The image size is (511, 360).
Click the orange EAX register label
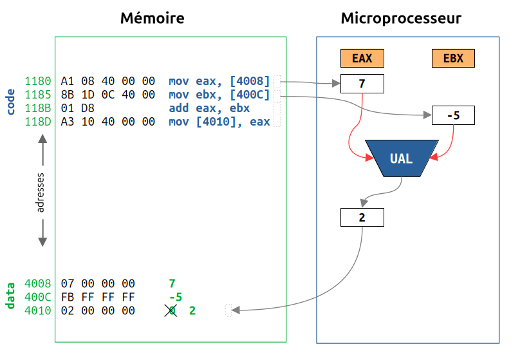click(x=362, y=58)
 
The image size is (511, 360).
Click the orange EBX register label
click(x=453, y=58)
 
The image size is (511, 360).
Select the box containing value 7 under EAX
click(x=362, y=84)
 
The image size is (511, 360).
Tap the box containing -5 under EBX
click(x=453, y=116)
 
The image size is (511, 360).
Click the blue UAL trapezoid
click(x=401, y=158)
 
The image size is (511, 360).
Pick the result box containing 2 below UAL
click(x=362, y=218)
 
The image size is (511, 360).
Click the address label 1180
click(x=38, y=81)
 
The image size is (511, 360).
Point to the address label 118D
click(x=38, y=122)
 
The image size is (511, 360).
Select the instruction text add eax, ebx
click(x=209, y=108)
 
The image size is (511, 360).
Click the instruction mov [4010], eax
click(x=219, y=122)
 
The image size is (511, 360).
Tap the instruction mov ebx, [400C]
click(x=219, y=95)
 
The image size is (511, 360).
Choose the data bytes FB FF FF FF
click(x=98, y=297)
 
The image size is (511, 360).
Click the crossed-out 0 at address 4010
click(x=171, y=310)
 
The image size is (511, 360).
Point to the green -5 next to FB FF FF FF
click(x=175, y=297)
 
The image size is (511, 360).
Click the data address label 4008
click(x=38, y=283)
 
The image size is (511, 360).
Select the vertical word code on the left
click(x=10, y=102)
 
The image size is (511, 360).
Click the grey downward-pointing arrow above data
click(x=42, y=233)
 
